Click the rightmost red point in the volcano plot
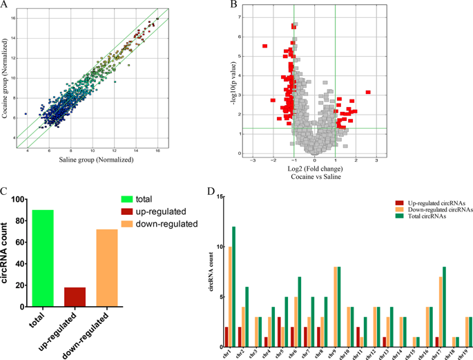pos(368,92)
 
